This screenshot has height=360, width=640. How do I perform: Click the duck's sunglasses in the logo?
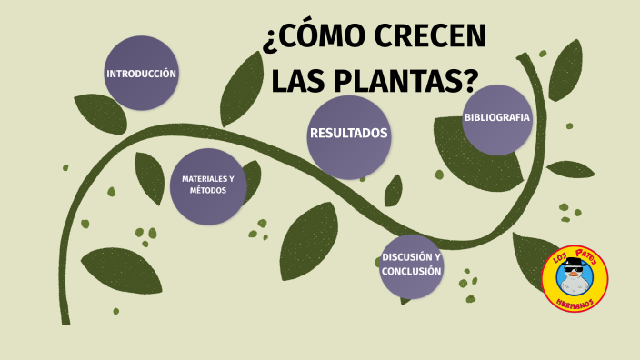coord(574,270)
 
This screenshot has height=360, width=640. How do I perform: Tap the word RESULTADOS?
coord(349,134)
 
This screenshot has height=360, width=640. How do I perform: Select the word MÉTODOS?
coord(208,190)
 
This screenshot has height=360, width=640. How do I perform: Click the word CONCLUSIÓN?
coord(412,271)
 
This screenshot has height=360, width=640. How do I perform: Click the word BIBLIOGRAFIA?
coord(496,117)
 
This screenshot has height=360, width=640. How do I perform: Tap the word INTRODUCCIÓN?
coord(141,74)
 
